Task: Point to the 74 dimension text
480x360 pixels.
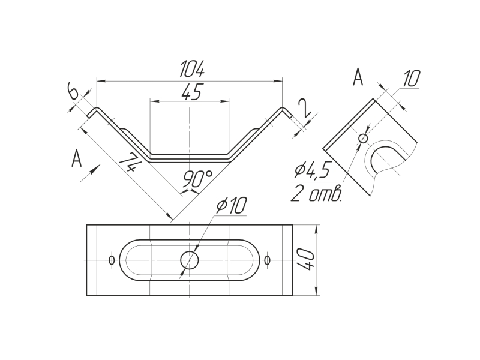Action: [x=130, y=163]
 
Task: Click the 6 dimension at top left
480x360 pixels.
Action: [x=72, y=92]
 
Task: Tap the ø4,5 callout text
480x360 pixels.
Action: [x=311, y=171]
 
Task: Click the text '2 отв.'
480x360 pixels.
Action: [x=316, y=194]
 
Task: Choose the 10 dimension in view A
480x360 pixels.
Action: [x=410, y=79]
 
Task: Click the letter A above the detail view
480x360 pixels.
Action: [x=358, y=78]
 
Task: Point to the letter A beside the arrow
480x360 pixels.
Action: [x=76, y=158]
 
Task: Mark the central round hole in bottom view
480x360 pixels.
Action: [x=190, y=260]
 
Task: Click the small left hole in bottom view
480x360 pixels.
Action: [x=112, y=260]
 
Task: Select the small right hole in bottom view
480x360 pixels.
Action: [x=268, y=260]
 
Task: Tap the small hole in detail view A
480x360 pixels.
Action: [x=363, y=139]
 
